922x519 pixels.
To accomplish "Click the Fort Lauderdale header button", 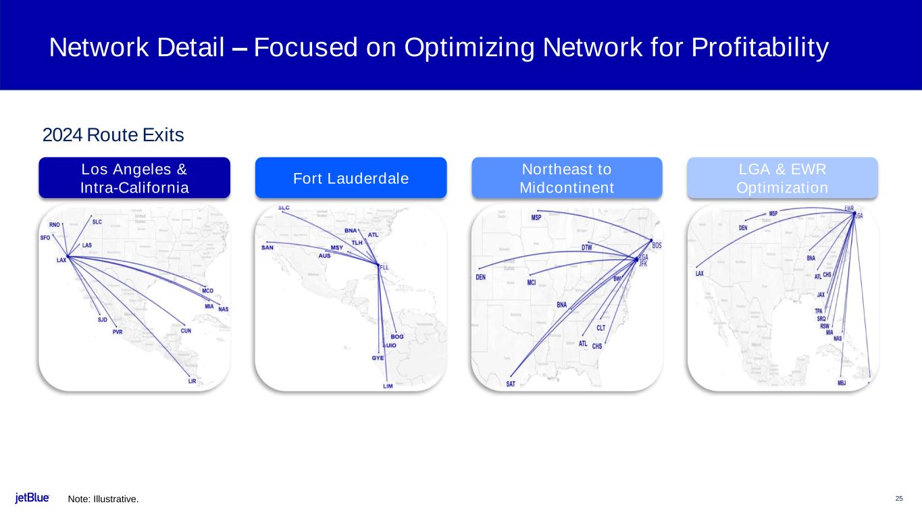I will point(351,178).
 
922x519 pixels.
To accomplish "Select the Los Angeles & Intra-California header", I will point(134,178).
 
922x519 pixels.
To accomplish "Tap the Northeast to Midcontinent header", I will point(566,178).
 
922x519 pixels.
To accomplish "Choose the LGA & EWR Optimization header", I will point(782,178).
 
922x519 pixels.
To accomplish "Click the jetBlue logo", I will point(32,499).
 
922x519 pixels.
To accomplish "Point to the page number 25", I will point(899,499).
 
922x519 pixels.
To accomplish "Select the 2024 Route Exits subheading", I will point(113,135).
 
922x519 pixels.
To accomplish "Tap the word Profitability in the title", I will point(750,48).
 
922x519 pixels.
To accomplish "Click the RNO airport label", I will point(55,224).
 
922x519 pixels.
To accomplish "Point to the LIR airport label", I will point(193,381).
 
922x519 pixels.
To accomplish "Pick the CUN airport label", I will point(186,331).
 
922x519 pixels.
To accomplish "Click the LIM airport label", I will point(388,386).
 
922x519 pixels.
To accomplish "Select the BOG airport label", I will point(397,337).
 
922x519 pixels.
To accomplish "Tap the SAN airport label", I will point(267,247).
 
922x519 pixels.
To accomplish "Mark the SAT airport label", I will point(511,384).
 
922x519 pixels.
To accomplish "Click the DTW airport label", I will point(587,248).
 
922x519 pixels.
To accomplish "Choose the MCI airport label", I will point(532,282).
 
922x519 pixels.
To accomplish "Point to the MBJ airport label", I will point(842,382).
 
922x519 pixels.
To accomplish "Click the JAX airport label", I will point(821,295).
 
